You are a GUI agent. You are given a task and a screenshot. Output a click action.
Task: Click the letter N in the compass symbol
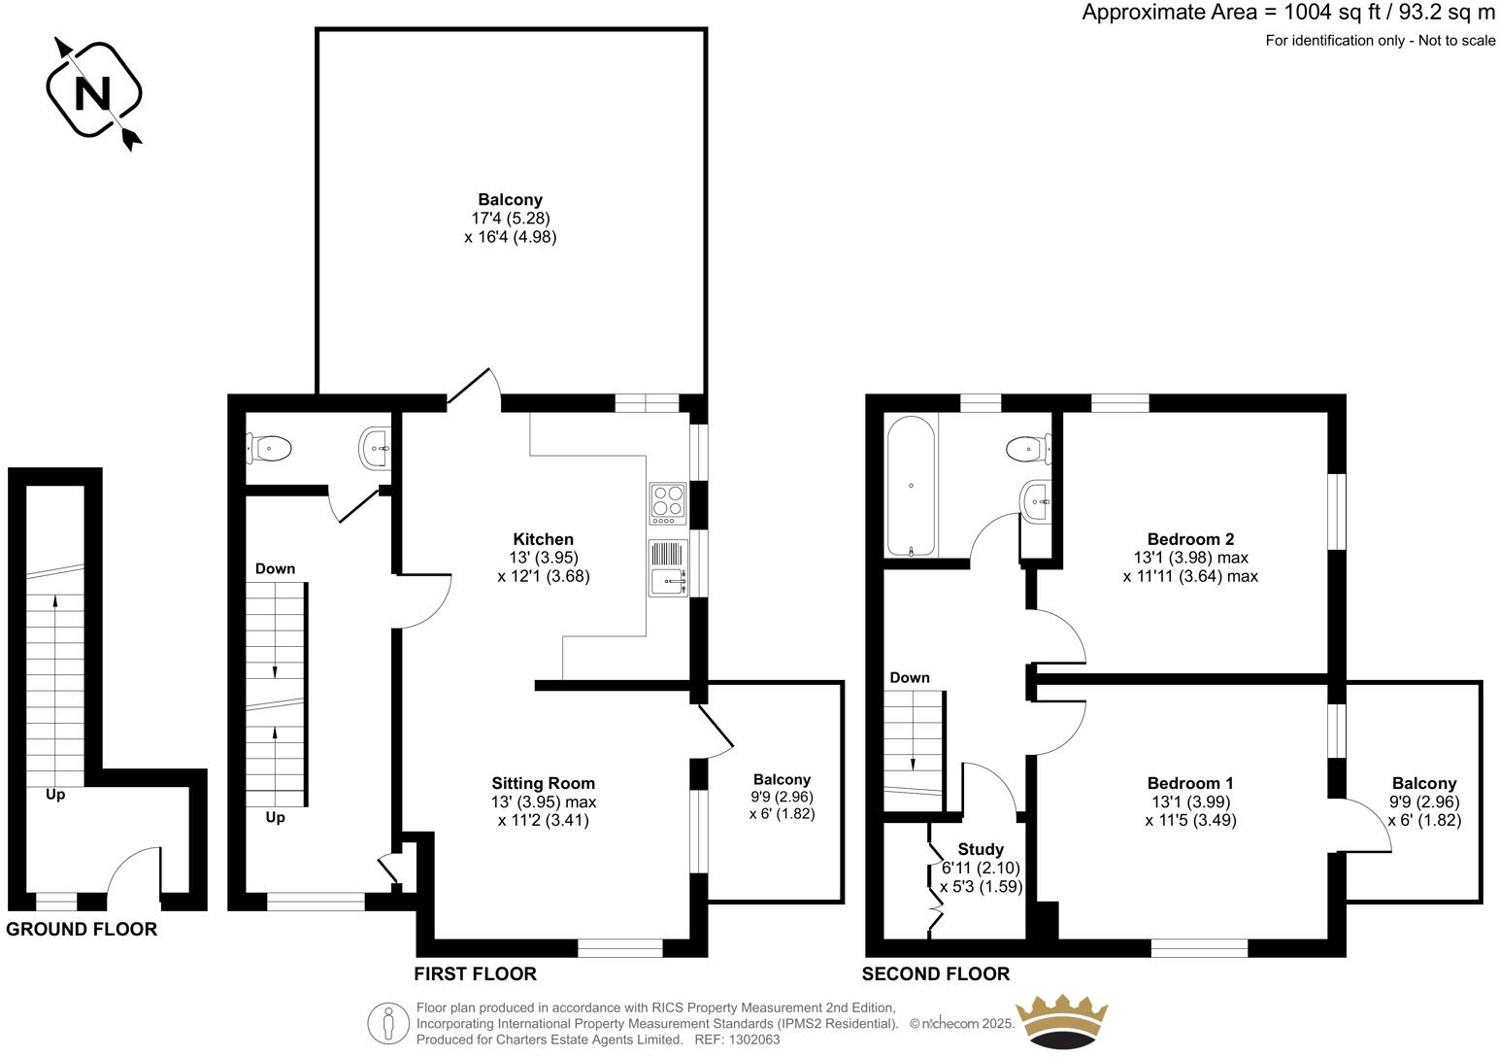click(x=93, y=93)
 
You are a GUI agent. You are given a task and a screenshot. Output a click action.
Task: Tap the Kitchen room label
click(x=543, y=539)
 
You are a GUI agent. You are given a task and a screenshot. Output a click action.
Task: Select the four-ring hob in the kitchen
click(x=668, y=502)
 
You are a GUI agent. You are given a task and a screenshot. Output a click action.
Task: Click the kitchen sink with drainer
click(x=668, y=567)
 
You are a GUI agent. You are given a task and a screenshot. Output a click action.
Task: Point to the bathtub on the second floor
click(x=910, y=486)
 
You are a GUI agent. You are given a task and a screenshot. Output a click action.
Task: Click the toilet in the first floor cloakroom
click(x=271, y=448)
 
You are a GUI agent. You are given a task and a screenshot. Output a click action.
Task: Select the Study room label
click(x=980, y=849)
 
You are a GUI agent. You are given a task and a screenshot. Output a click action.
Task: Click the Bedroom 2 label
click(x=1190, y=539)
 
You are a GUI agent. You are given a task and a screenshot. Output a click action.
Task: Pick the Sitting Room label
click(x=543, y=783)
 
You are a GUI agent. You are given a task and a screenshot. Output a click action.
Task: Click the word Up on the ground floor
click(x=55, y=795)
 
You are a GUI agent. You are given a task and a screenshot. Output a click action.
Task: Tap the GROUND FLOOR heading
click(x=82, y=930)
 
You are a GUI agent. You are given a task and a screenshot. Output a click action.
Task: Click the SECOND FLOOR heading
click(x=935, y=974)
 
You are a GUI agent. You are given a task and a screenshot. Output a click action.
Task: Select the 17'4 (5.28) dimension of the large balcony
click(x=511, y=219)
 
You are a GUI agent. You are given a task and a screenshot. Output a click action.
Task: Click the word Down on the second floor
click(x=909, y=678)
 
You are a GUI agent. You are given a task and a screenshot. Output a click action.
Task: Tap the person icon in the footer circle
click(x=389, y=1023)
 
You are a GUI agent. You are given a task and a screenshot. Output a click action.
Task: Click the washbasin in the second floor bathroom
click(x=1037, y=501)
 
